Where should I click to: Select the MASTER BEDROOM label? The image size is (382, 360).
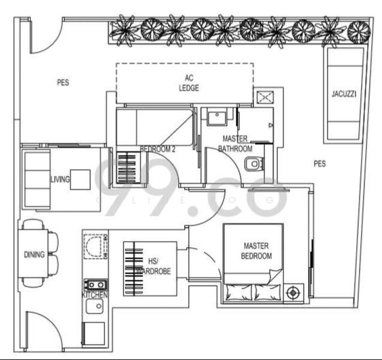(257, 251)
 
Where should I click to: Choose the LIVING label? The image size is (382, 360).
(60, 179)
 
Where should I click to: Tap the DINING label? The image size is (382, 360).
(34, 254)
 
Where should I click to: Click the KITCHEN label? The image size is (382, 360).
(95, 296)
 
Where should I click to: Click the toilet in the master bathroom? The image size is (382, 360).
(254, 163)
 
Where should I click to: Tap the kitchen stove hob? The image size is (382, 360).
(95, 284)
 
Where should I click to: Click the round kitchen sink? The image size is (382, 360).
(95, 308)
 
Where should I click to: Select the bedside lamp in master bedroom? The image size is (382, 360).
(294, 293)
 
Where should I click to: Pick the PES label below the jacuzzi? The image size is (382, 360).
(319, 163)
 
